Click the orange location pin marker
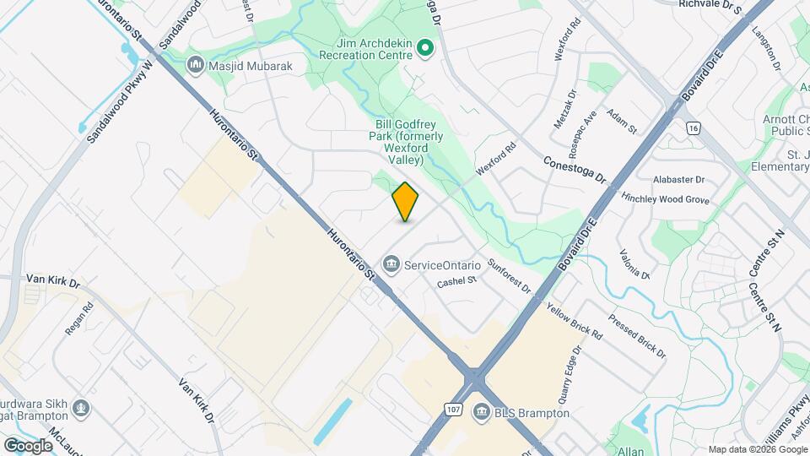(x=406, y=201)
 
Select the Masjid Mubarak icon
(x=196, y=64)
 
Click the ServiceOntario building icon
(x=391, y=265)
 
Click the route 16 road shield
(x=694, y=128)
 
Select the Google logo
(x=28, y=445)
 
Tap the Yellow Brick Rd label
(x=574, y=321)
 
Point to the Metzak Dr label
(x=564, y=109)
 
